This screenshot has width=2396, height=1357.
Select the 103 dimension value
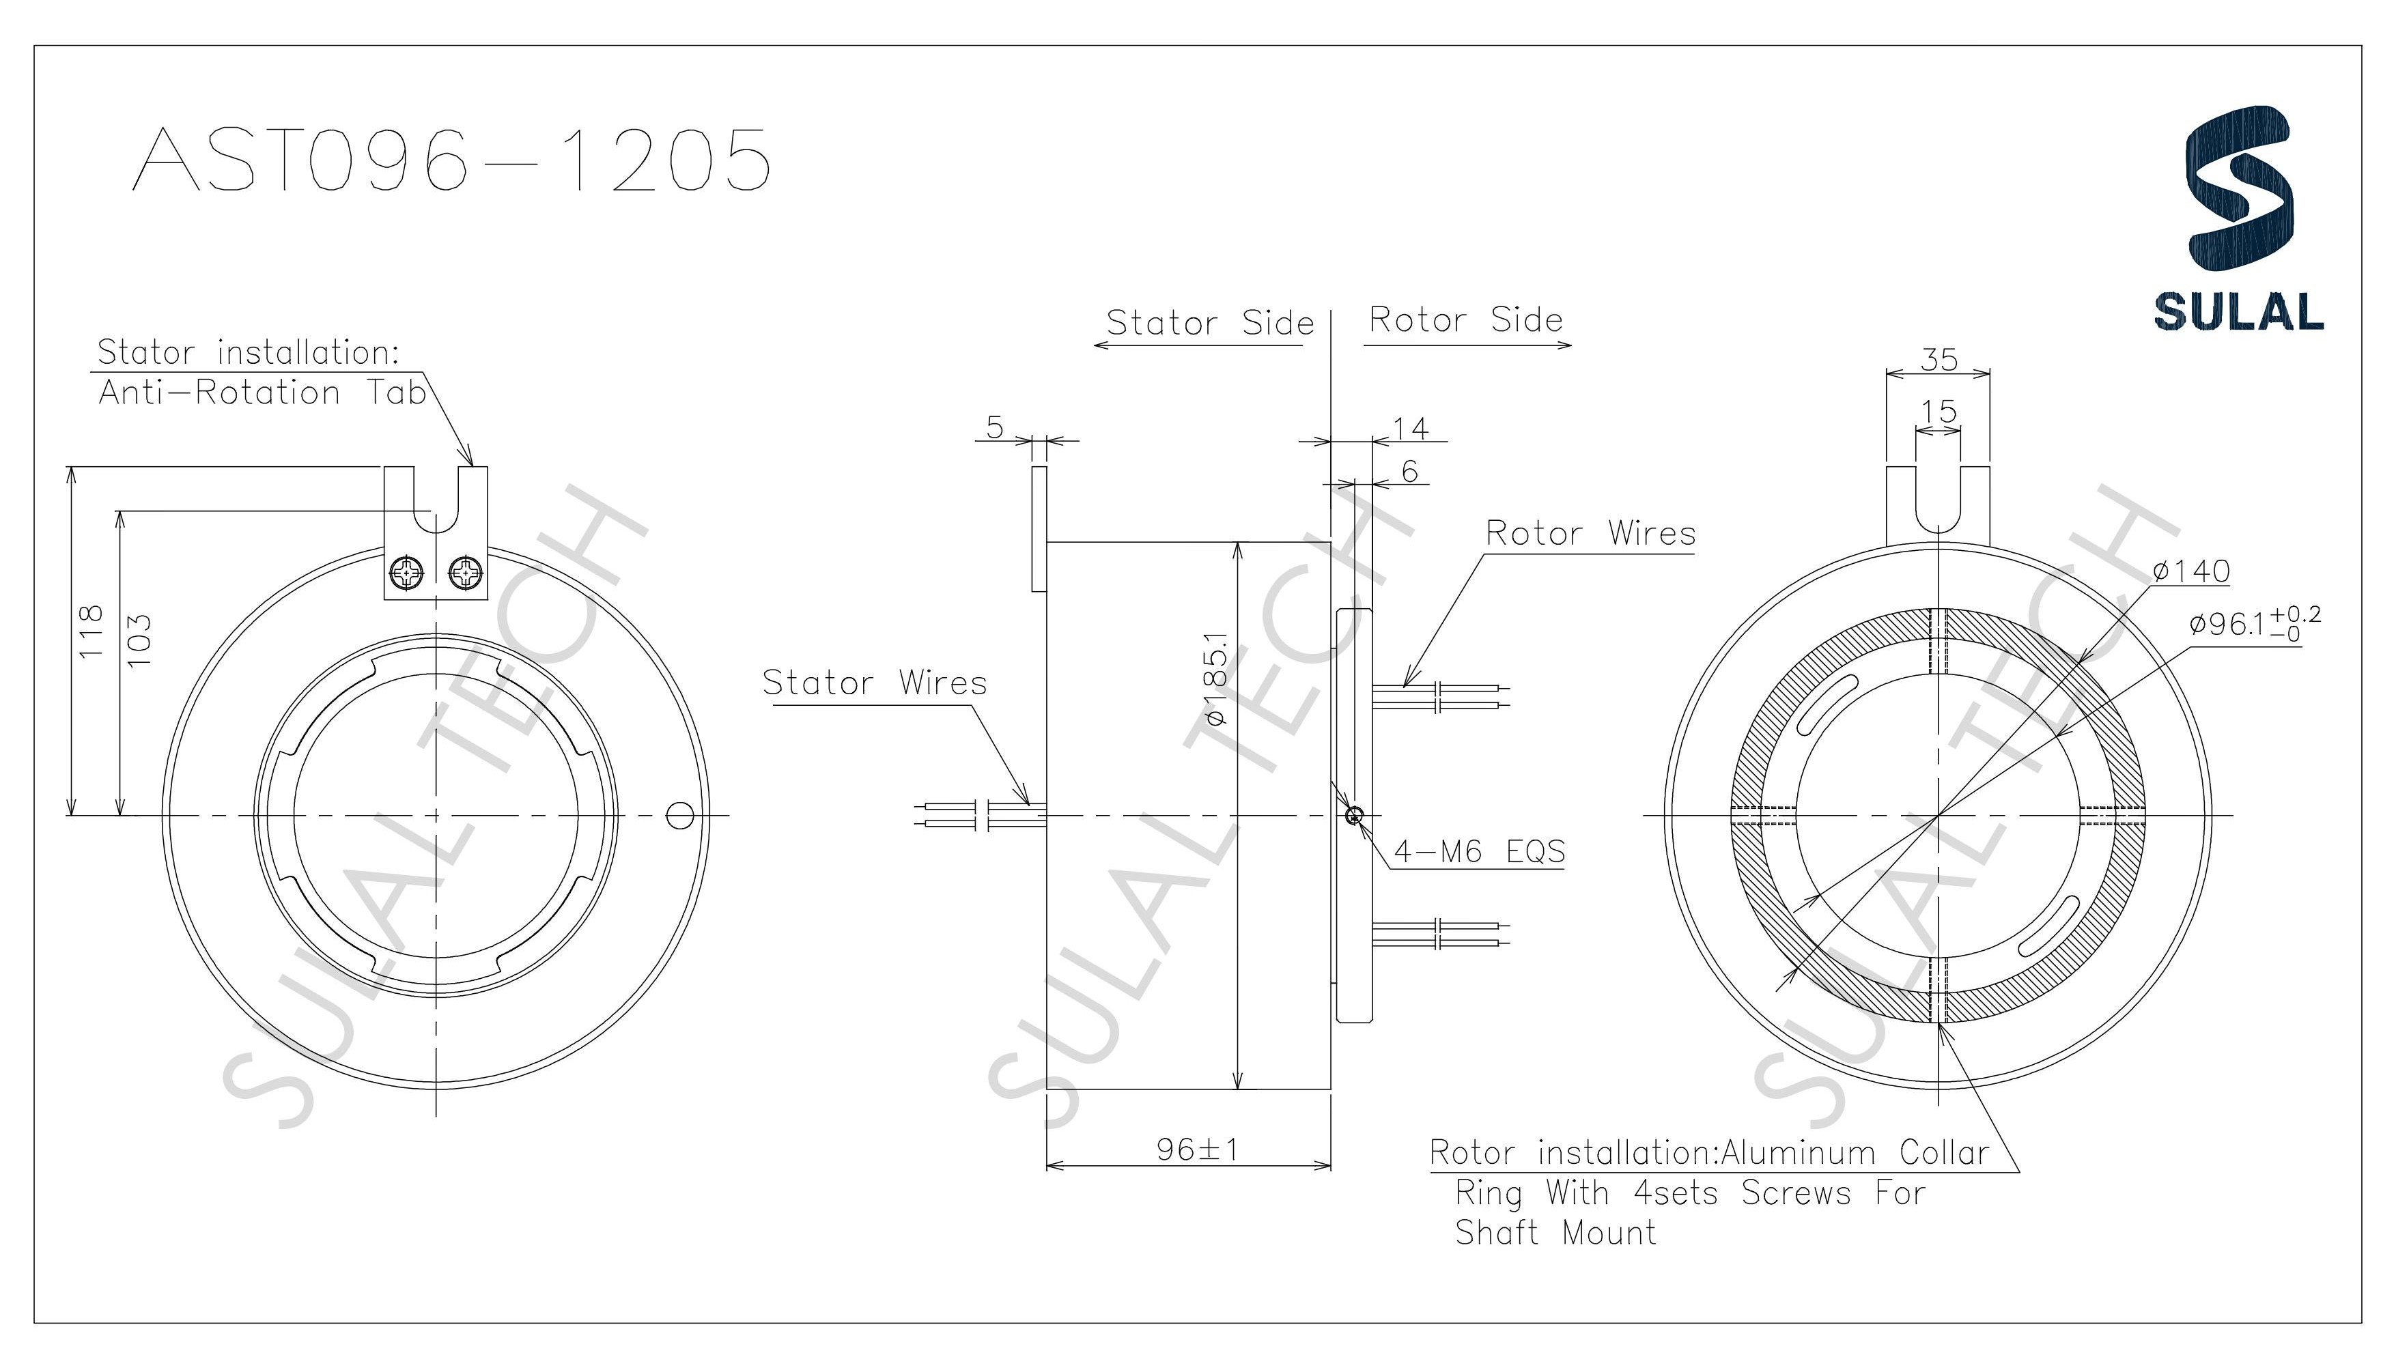tap(138, 640)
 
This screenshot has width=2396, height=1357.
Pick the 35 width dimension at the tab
tap(1939, 360)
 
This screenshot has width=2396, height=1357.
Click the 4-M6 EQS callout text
tap(1478, 851)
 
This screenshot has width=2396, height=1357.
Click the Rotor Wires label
tap(1590, 533)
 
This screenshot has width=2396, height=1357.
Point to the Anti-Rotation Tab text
tap(262, 393)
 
